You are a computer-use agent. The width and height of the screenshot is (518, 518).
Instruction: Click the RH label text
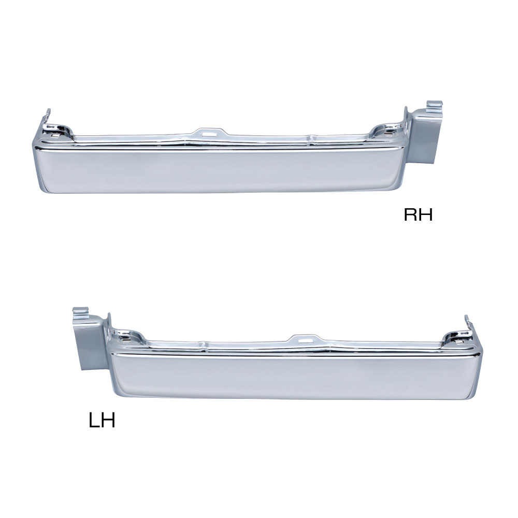pos(418,214)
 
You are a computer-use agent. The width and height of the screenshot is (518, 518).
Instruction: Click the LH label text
pos(102,421)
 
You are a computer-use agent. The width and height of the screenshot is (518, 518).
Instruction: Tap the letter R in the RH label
pos(411,214)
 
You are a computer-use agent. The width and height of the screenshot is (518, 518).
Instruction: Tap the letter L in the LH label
pos(94,421)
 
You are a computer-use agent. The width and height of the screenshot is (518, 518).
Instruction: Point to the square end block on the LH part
pos(89,343)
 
